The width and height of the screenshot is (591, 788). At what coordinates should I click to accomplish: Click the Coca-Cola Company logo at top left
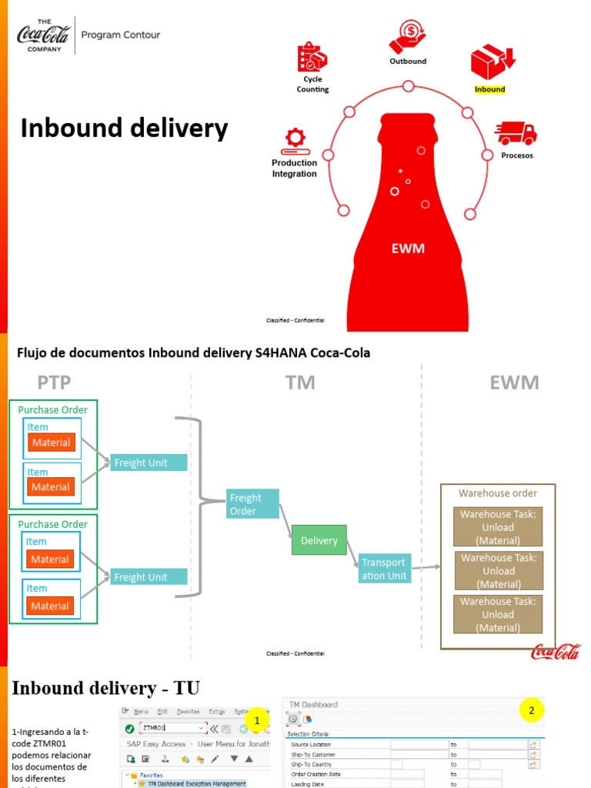coord(43,35)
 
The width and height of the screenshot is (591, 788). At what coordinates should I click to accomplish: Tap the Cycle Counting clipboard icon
coord(312,58)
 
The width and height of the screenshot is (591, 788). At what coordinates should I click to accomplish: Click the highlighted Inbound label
coord(489,89)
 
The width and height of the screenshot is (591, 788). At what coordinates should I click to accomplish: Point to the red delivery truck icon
coord(516,133)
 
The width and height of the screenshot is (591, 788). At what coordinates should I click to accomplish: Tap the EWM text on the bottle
coord(407,249)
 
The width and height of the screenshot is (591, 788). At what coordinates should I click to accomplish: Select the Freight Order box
coord(252,504)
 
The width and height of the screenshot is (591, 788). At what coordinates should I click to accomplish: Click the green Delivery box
coord(319,540)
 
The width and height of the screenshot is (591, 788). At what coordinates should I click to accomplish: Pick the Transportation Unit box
coord(384,569)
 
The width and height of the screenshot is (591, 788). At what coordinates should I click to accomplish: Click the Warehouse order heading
coord(498,493)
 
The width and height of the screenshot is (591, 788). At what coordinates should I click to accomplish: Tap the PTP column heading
coord(54,382)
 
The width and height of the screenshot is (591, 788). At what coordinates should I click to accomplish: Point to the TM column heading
coord(300,382)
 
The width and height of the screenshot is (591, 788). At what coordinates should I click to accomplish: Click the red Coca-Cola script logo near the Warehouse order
coord(556,652)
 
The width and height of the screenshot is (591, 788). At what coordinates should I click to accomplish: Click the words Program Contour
coord(121,35)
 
